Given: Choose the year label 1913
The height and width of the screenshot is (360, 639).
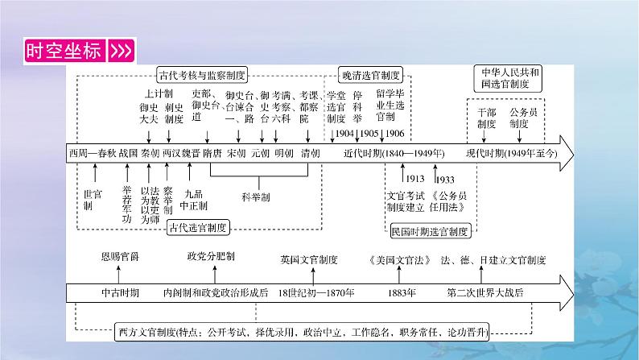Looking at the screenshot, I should click(414, 178).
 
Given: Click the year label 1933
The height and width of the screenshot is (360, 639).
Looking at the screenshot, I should click(445, 178).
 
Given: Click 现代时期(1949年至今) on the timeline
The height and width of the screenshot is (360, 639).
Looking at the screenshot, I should click(510, 152).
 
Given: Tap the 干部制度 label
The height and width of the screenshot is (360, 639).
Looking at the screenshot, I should click(485, 118).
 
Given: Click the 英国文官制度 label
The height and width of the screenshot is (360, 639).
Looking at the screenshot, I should click(309, 259).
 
